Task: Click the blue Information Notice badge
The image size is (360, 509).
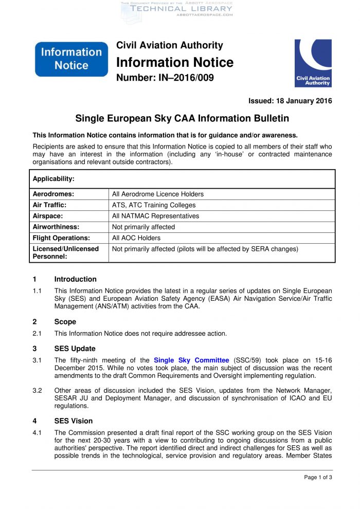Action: pyautogui.click(x=71, y=59)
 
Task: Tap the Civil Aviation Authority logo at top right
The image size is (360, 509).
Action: pyautogui.click(x=313, y=63)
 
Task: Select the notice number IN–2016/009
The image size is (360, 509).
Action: pyautogui.click(x=165, y=78)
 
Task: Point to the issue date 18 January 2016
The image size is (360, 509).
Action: pyautogui.click(x=290, y=101)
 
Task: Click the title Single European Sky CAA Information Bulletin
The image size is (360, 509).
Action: pyautogui.click(x=182, y=118)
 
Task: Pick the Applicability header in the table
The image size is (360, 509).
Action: pyautogui.click(x=53, y=179)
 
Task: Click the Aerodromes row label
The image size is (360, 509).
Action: pyautogui.click(x=53, y=194)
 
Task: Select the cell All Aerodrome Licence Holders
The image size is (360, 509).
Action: pyautogui.click(x=158, y=194)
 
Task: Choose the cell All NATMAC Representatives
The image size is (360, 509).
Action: pyautogui.click(x=155, y=216)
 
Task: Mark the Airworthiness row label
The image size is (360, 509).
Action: pyautogui.click(x=56, y=227)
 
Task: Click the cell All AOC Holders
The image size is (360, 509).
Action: pyautogui.click(x=136, y=238)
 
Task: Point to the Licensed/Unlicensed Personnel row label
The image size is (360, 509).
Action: pyautogui.click(x=65, y=252)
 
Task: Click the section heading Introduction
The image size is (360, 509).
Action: pyautogui.click(x=75, y=279)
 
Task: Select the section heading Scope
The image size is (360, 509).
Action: pyautogui.click(x=65, y=322)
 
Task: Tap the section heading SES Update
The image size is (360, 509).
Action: pyautogui.click(x=75, y=349)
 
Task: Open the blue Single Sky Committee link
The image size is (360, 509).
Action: pyautogui.click(x=191, y=360)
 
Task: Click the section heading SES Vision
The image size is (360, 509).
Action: pyautogui.click(x=73, y=421)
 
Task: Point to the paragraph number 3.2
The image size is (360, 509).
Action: pyautogui.click(x=37, y=391)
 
